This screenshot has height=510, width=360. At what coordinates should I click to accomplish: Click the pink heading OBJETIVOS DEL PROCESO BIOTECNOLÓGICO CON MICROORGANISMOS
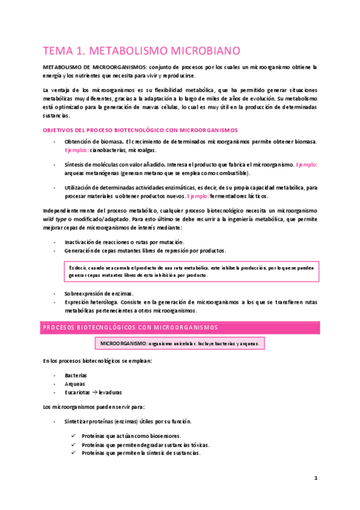coord(139,129)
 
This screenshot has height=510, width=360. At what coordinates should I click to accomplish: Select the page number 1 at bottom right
coord(316,478)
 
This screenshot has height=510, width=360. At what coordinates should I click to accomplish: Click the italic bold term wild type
coord(55,220)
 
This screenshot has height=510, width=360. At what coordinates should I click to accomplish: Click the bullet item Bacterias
coord(76,375)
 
